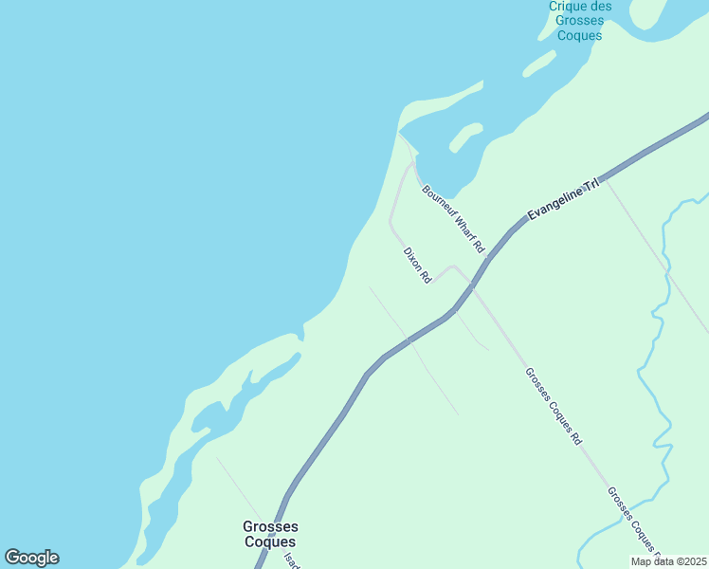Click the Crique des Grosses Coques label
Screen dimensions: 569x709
pos(580,21)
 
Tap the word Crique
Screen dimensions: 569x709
pos(580,6)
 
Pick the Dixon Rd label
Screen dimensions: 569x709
pos(417,266)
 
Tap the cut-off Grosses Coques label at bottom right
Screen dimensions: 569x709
pos(633,521)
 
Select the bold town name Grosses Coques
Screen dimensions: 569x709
pos(270,534)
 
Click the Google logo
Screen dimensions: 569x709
pos(31,558)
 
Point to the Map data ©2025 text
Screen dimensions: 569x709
pos(668,561)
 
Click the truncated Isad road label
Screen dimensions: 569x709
pos(290,559)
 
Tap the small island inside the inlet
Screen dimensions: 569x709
pos(465,137)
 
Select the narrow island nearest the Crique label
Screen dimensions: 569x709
pos(538,64)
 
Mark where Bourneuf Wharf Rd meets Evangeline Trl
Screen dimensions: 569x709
pos(487,258)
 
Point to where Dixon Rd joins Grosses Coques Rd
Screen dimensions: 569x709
pos(453,267)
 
